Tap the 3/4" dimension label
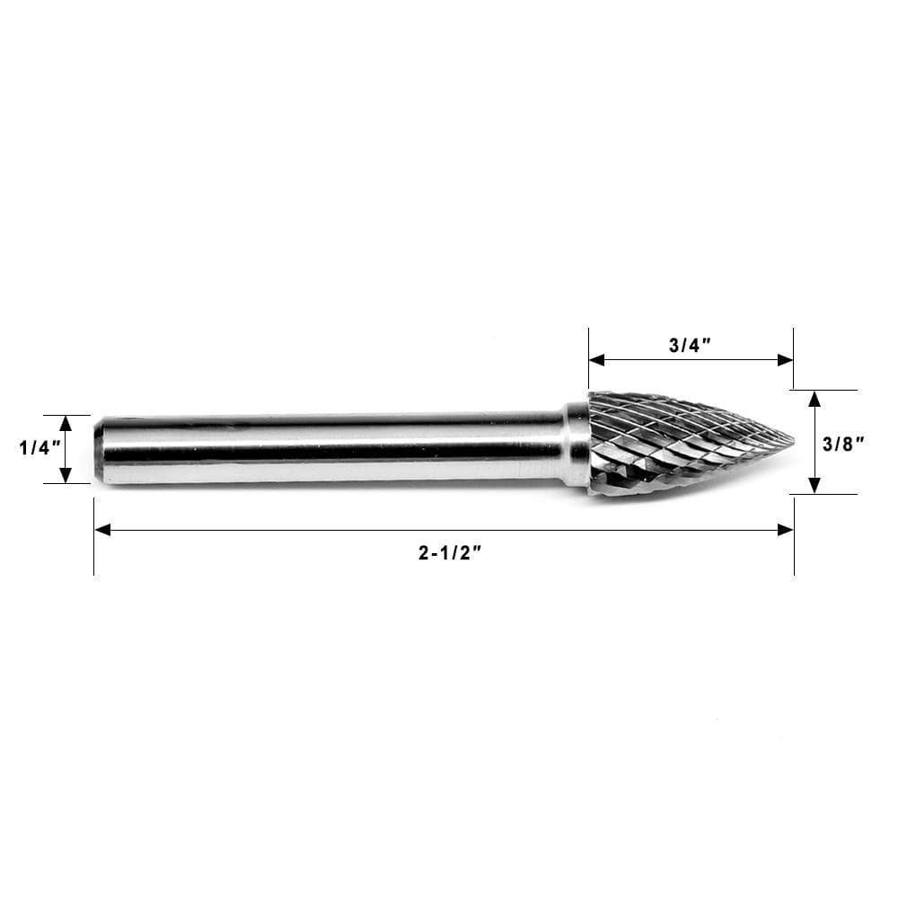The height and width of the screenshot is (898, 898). point(690,346)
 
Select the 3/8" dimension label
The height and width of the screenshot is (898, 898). point(841,442)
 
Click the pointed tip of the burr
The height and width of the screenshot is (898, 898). point(791,440)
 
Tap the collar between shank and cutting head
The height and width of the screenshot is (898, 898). point(577,445)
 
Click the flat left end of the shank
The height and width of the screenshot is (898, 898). point(98,449)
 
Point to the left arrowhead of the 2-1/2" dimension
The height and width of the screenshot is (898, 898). point(101,530)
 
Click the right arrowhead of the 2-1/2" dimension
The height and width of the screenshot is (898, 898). point(786,530)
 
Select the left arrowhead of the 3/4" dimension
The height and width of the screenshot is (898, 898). point(596,360)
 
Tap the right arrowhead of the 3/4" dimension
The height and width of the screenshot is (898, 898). point(786,360)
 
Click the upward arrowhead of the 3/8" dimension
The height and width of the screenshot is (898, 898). point(814,398)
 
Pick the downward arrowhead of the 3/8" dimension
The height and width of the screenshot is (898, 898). point(814,486)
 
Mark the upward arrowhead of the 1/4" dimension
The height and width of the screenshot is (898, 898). point(66,422)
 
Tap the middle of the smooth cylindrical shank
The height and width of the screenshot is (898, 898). point(332,447)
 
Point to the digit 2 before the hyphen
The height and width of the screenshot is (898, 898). point(424,554)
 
